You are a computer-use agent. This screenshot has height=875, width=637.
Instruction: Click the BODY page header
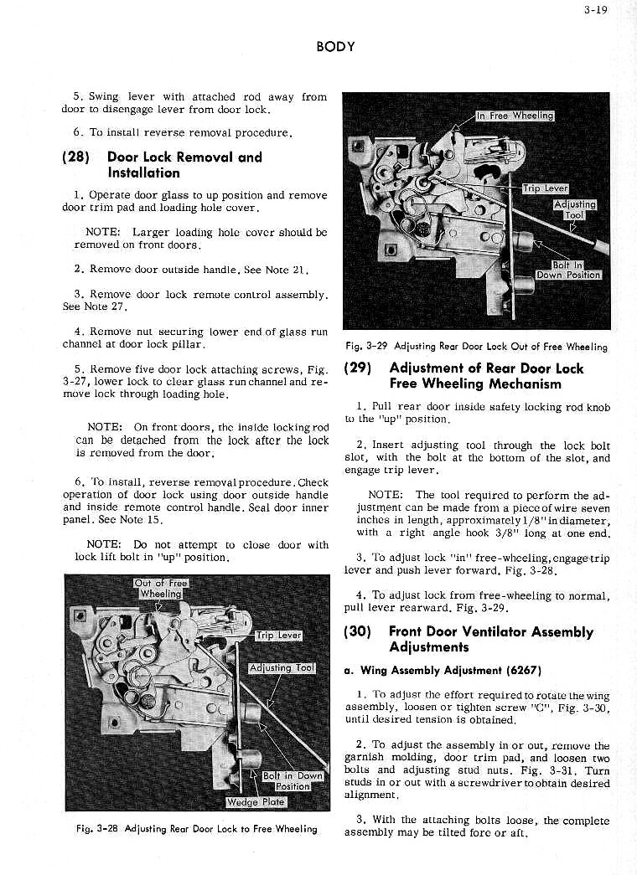[335, 47]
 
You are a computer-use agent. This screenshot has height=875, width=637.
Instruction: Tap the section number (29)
[361, 368]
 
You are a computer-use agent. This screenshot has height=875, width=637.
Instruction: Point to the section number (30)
[361, 632]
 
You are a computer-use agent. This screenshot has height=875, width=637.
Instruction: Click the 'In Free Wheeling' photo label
[515, 116]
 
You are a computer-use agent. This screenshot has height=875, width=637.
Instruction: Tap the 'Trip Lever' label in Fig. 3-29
[546, 188]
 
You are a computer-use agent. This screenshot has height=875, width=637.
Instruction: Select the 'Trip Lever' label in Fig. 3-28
[278, 636]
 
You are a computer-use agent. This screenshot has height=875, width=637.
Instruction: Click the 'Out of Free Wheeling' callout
[161, 589]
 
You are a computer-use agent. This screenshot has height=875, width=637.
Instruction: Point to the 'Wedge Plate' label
[256, 802]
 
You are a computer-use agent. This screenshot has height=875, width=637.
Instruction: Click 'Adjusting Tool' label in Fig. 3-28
[282, 667]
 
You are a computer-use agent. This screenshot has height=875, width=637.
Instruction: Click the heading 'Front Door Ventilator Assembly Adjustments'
[491, 640]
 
